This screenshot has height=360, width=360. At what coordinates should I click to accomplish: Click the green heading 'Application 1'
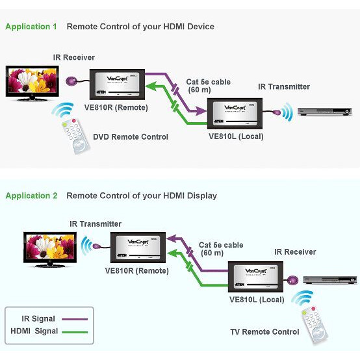(x=31, y=27)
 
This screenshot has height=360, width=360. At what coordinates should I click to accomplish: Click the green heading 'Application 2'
(x=31, y=196)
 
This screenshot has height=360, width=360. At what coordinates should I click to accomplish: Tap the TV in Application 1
(x=32, y=83)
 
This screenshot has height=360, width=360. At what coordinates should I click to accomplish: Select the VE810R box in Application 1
(x=119, y=84)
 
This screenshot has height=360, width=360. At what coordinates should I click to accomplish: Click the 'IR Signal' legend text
(x=33, y=318)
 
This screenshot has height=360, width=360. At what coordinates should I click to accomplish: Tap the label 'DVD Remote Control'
(x=131, y=136)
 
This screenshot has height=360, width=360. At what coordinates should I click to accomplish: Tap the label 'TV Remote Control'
(x=264, y=332)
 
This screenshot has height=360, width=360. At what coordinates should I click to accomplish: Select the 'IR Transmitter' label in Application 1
(x=284, y=86)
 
